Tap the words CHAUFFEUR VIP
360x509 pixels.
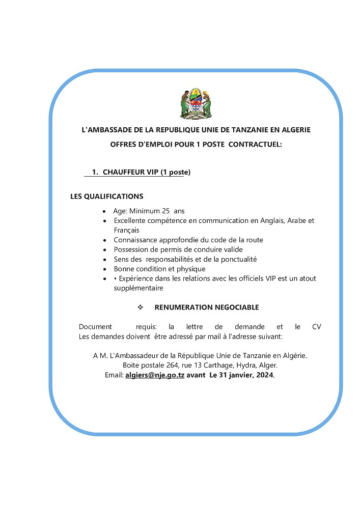coord(130,172)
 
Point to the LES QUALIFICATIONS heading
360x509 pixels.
coord(106,196)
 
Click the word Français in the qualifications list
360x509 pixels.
coord(127,230)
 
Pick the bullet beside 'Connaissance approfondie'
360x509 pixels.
coord(104,240)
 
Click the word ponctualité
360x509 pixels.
coord(238,259)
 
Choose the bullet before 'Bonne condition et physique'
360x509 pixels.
coord(104,269)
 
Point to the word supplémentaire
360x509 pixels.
coord(139,288)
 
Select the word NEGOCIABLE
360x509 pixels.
coord(236,307)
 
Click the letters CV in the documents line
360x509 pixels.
coord(316,327)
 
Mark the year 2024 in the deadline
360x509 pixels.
coord(264,375)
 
